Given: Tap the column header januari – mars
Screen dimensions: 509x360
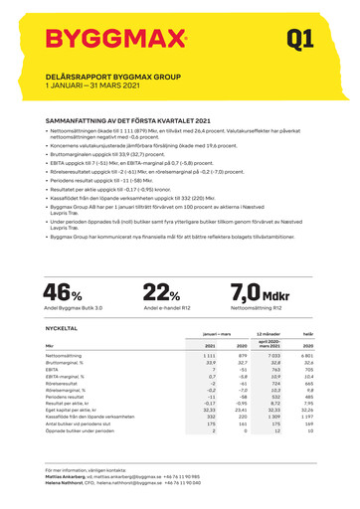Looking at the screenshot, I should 216,336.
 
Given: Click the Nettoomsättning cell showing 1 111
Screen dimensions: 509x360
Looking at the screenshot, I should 209,355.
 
